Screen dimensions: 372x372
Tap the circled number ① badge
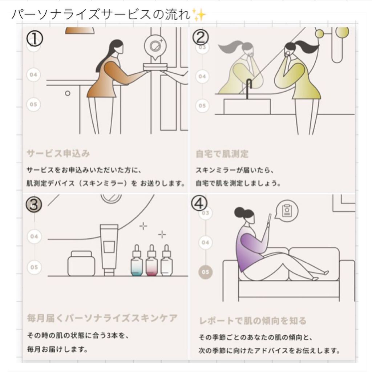click(x=35, y=39)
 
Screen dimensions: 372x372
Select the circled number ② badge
click(x=201, y=37)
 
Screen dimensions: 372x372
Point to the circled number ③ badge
click(x=34, y=205)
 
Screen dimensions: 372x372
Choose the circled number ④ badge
click(x=199, y=203)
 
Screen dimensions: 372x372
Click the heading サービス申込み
click(x=58, y=154)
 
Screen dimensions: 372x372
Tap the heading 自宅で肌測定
click(x=222, y=154)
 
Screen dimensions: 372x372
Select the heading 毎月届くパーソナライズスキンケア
click(x=102, y=318)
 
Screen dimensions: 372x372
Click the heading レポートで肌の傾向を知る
click(x=253, y=320)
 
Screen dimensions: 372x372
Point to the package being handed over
click(x=155, y=67)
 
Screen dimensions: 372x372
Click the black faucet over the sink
click(x=248, y=89)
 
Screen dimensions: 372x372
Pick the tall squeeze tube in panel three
click(x=109, y=250)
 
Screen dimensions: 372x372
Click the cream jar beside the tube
click(x=81, y=264)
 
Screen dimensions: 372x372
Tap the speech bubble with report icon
click(x=287, y=211)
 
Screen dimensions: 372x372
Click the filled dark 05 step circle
click(x=206, y=272)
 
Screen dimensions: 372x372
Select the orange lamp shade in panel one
click(x=80, y=31)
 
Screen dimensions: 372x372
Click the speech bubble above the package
click(x=155, y=47)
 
